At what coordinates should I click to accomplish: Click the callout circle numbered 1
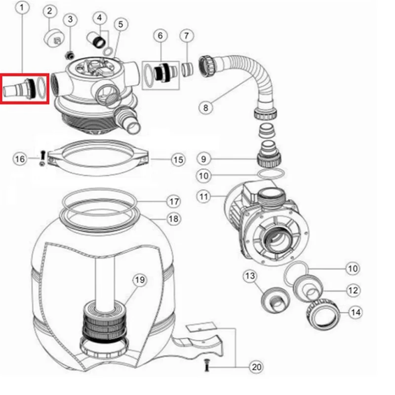pyautogui.click(x=22, y=7)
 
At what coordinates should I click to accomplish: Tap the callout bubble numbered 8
pyautogui.click(x=206, y=108)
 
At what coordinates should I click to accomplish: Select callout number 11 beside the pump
pyautogui.click(x=203, y=196)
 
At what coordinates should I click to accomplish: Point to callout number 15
pyautogui.click(x=178, y=159)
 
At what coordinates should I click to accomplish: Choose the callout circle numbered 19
pyautogui.click(x=140, y=279)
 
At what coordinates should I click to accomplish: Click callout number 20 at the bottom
pyautogui.click(x=256, y=367)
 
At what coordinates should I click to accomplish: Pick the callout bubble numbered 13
pyautogui.click(x=250, y=276)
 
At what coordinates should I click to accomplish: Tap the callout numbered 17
pyautogui.click(x=174, y=201)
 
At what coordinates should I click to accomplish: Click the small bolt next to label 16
pyautogui.click(x=42, y=158)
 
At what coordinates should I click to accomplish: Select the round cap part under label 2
pyautogui.click(x=54, y=38)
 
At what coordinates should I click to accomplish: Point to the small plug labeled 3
pyautogui.click(x=70, y=55)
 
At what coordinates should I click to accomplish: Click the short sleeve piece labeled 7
pyautogui.click(x=188, y=69)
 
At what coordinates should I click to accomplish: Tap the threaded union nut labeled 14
pyautogui.click(x=323, y=314)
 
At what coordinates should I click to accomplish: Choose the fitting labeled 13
pyautogui.click(x=276, y=300)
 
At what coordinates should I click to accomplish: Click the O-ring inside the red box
pyautogui.click(x=41, y=87)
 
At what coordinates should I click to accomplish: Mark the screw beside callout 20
pyautogui.click(x=207, y=365)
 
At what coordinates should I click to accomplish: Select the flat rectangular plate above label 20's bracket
pyautogui.click(x=201, y=327)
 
